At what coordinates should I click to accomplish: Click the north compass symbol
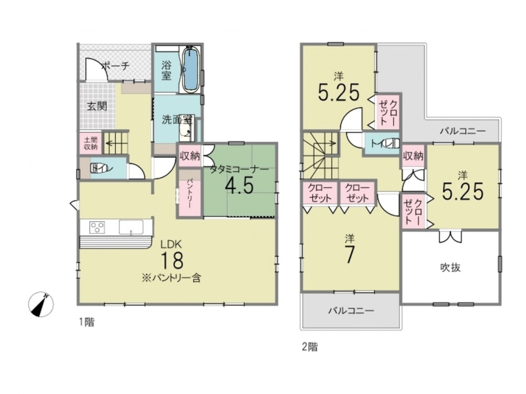pyautogui.click(x=41, y=304)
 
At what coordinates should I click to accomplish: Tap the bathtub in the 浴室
pyautogui.click(x=190, y=69)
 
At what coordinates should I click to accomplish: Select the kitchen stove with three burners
pyautogui.click(x=97, y=227)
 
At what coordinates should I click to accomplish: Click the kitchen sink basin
pyautogui.click(x=131, y=227)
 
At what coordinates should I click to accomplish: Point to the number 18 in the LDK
pyautogui.click(x=173, y=261)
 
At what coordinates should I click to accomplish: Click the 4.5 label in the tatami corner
pyautogui.click(x=239, y=185)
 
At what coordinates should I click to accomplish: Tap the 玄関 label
pyautogui.click(x=97, y=107)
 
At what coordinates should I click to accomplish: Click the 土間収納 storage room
pyautogui.click(x=90, y=143)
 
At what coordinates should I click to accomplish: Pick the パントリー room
pyautogui.click(x=190, y=193)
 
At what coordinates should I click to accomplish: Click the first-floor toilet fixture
pyautogui.click(x=99, y=168)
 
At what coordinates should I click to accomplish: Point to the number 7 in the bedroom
pyautogui.click(x=350, y=255)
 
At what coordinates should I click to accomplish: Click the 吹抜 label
pyautogui.click(x=450, y=267)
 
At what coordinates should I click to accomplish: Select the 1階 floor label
pyautogui.click(x=87, y=323)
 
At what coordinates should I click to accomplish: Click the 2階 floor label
pyautogui.click(x=309, y=347)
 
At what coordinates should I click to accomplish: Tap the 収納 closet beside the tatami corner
pyautogui.click(x=190, y=155)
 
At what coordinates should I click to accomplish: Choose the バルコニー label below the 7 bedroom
pyautogui.click(x=350, y=310)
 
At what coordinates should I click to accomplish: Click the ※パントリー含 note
pyautogui.click(x=171, y=278)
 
